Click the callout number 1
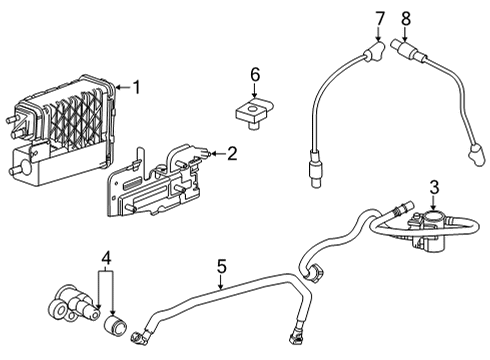[137, 87]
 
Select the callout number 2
[231, 153]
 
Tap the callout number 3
[434, 186]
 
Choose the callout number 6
[255, 73]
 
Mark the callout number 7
[380, 17]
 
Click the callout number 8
[405, 17]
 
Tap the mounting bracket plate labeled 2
[150, 187]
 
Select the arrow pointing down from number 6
[255, 92]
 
